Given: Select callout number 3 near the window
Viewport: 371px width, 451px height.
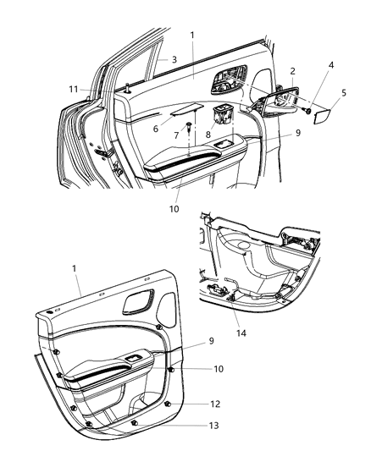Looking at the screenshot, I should [x=174, y=59].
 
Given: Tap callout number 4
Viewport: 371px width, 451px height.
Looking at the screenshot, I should [x=331, y=88].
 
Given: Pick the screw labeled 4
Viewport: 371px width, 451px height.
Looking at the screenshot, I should [x=307, y=109].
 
